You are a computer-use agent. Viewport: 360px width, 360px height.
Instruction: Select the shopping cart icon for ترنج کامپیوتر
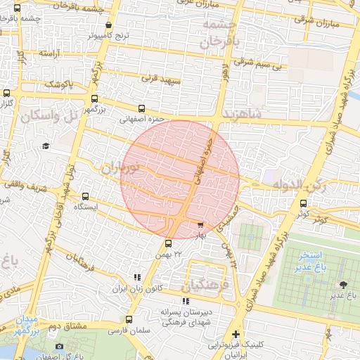pyautogui.click(x=109, y=25)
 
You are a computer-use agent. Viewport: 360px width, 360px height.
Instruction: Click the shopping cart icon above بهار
pyautogui.click(x=200, y=225)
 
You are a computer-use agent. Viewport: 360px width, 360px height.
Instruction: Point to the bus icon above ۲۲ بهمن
pyautogui.click(x=166, y=243)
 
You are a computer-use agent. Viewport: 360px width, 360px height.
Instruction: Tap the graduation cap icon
pyautogui.click(x=46, y=146)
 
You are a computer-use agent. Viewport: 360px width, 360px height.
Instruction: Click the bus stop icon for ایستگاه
pyautogui.click(x=86, y=198)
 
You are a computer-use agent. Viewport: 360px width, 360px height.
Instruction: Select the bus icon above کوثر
pyautogui.click(x=303, y=204)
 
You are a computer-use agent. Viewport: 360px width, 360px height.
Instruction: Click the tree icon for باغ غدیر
pyautogui.click(x=343, y=284)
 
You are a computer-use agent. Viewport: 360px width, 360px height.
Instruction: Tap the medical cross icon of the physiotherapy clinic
pyautogui.click(x=236, y=334)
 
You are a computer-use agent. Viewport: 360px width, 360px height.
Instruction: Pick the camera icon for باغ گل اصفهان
pyautogui.click(x=59, y=346)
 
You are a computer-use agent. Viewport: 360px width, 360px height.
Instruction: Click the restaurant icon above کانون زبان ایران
pyautogui.click(x=137, y=278)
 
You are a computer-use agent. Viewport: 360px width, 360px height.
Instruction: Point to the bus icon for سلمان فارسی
pyautogui.click(x=127, y=320)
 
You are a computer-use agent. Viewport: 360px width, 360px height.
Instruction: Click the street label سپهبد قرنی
pyautogui.click(x=161, y=79)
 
